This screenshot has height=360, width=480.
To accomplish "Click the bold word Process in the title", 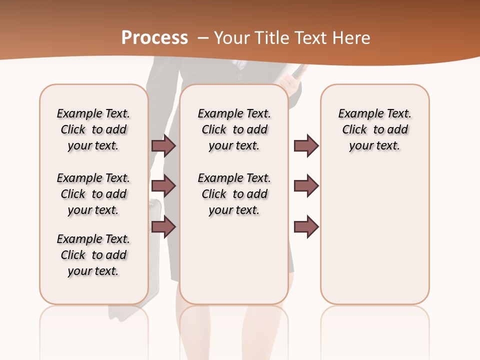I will pos(154,38).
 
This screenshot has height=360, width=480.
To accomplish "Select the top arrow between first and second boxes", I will pos(163,145).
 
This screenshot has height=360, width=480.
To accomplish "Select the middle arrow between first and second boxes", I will pos(163,186).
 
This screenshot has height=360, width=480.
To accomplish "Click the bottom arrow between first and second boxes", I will pos(163,227).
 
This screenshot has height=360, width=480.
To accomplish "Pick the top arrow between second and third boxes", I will pos(306,145).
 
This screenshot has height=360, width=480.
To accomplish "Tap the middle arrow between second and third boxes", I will pos(306,186).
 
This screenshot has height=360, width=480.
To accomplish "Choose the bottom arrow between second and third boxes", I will pos(306,227).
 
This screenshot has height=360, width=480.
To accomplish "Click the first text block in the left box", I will pos(93,129).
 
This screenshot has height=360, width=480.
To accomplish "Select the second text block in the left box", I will pos(93,194).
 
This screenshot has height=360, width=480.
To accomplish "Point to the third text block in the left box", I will pos(93,255).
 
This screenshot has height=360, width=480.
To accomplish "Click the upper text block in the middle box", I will pos(234,129).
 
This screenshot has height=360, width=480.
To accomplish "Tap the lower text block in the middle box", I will pos(234,194).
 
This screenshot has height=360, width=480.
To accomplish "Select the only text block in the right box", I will pos(374,129).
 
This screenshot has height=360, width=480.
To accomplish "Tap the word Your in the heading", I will pos(231,38).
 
